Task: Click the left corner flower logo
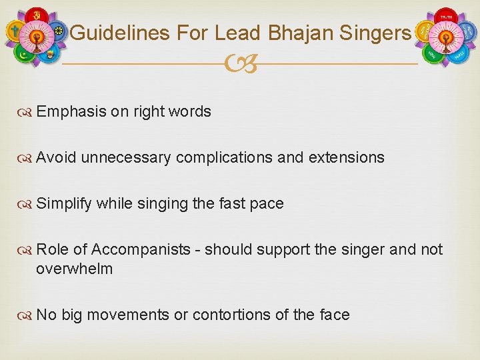(x=36, y=37)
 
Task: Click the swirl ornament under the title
(x=240, y=65)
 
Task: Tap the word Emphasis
(x=71, y=111)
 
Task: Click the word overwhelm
(x=74, y=269)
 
